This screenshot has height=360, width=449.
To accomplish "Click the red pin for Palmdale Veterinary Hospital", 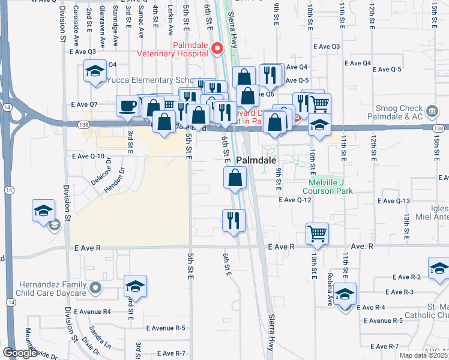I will (x=219, y=48).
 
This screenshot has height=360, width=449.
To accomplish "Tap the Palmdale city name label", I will (x=256, y=161).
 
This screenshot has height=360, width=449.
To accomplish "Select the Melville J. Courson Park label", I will (x=330, y=187).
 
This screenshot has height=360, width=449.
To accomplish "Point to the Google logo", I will (x=20, y=353).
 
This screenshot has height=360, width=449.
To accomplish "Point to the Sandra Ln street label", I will (x=100, y=337).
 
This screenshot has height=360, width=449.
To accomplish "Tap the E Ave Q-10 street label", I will (x=88, y=156).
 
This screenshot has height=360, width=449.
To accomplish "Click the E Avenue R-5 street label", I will (x=166, y=328).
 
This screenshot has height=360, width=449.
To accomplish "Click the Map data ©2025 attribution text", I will (x=424, y=355).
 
